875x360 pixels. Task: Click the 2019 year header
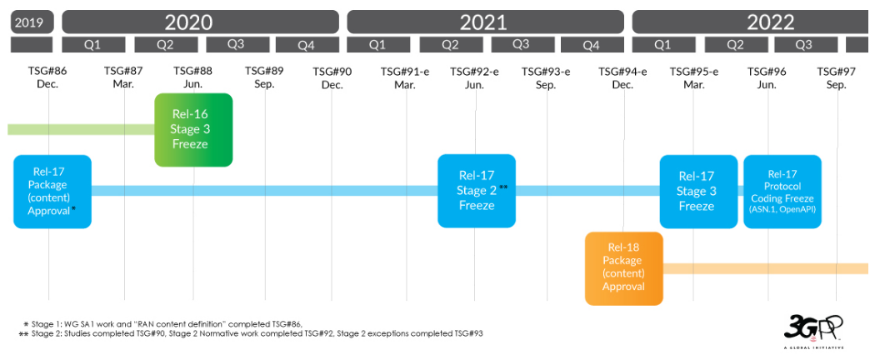(x=32, y=22)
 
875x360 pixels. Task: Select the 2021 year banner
(x=486, y=22)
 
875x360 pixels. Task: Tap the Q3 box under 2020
(x=236, y=45)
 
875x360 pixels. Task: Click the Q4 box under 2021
(x=592, y=45)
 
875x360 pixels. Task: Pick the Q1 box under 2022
(x=662, y=45)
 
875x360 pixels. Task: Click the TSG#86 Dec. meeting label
(x=48, y=77)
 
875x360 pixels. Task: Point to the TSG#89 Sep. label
(x=264, y=77)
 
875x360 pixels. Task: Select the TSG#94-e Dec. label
(x=622, y=77)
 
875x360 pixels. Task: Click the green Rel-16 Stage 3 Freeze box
(x=193, y=129)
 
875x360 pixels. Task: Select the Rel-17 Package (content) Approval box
(x=52, y=192)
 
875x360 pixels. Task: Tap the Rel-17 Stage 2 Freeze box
(x=477, y=191)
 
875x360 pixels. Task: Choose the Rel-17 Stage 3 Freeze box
(x=698, y=192)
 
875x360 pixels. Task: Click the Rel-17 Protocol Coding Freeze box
(x=782, y=192)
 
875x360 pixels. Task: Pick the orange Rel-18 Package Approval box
(x=624, y=268)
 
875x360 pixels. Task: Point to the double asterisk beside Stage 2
(x=503, y=187)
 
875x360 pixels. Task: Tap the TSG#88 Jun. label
(x=193, y=77)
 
